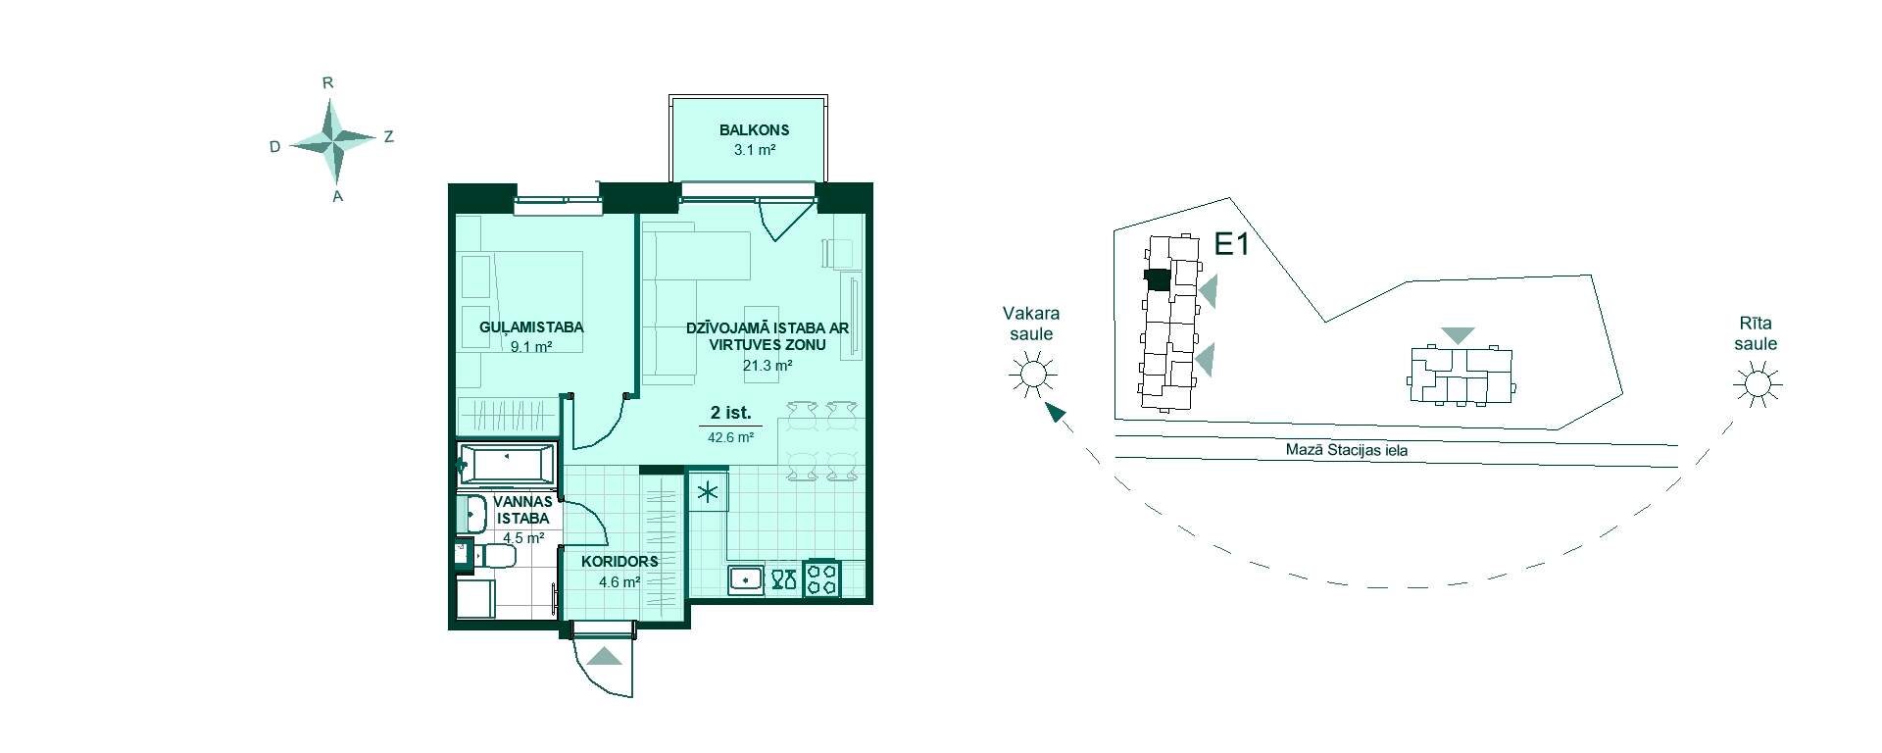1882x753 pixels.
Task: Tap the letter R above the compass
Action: click(328, 83)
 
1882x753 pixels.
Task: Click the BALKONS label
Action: click(754, 129)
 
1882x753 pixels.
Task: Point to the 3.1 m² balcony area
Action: click(755, 150)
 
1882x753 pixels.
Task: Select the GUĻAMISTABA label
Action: click(531, 326)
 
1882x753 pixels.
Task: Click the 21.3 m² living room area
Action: click(768, 366)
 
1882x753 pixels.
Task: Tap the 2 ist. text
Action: click(730, 414)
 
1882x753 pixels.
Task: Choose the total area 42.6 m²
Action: click(730, 438)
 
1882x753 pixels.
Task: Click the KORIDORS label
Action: click(619, 562)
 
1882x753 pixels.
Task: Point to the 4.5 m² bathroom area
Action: click(523, 538)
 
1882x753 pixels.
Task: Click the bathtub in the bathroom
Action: click(507, 465)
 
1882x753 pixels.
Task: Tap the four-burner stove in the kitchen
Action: click(821, 578)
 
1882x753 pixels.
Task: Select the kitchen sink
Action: click(746, 578)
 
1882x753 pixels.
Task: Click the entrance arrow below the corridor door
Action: click(606, 657)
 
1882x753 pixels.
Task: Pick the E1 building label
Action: click(1232, 243)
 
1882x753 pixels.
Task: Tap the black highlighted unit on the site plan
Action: click(1158, 279)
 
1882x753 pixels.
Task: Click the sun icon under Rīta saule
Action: click(1757, 383)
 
